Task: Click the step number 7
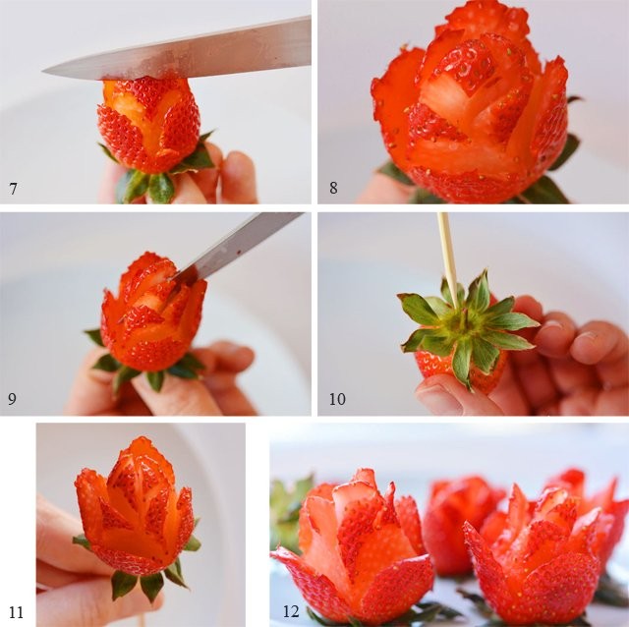click(x=13, y=188)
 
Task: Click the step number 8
click(x=333, y=188)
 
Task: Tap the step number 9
click(x=13, y=401)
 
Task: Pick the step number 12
click(x=290, y=612)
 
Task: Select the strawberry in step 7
click(x=149, y=128)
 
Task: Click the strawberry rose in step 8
click(x=472, y=108)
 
